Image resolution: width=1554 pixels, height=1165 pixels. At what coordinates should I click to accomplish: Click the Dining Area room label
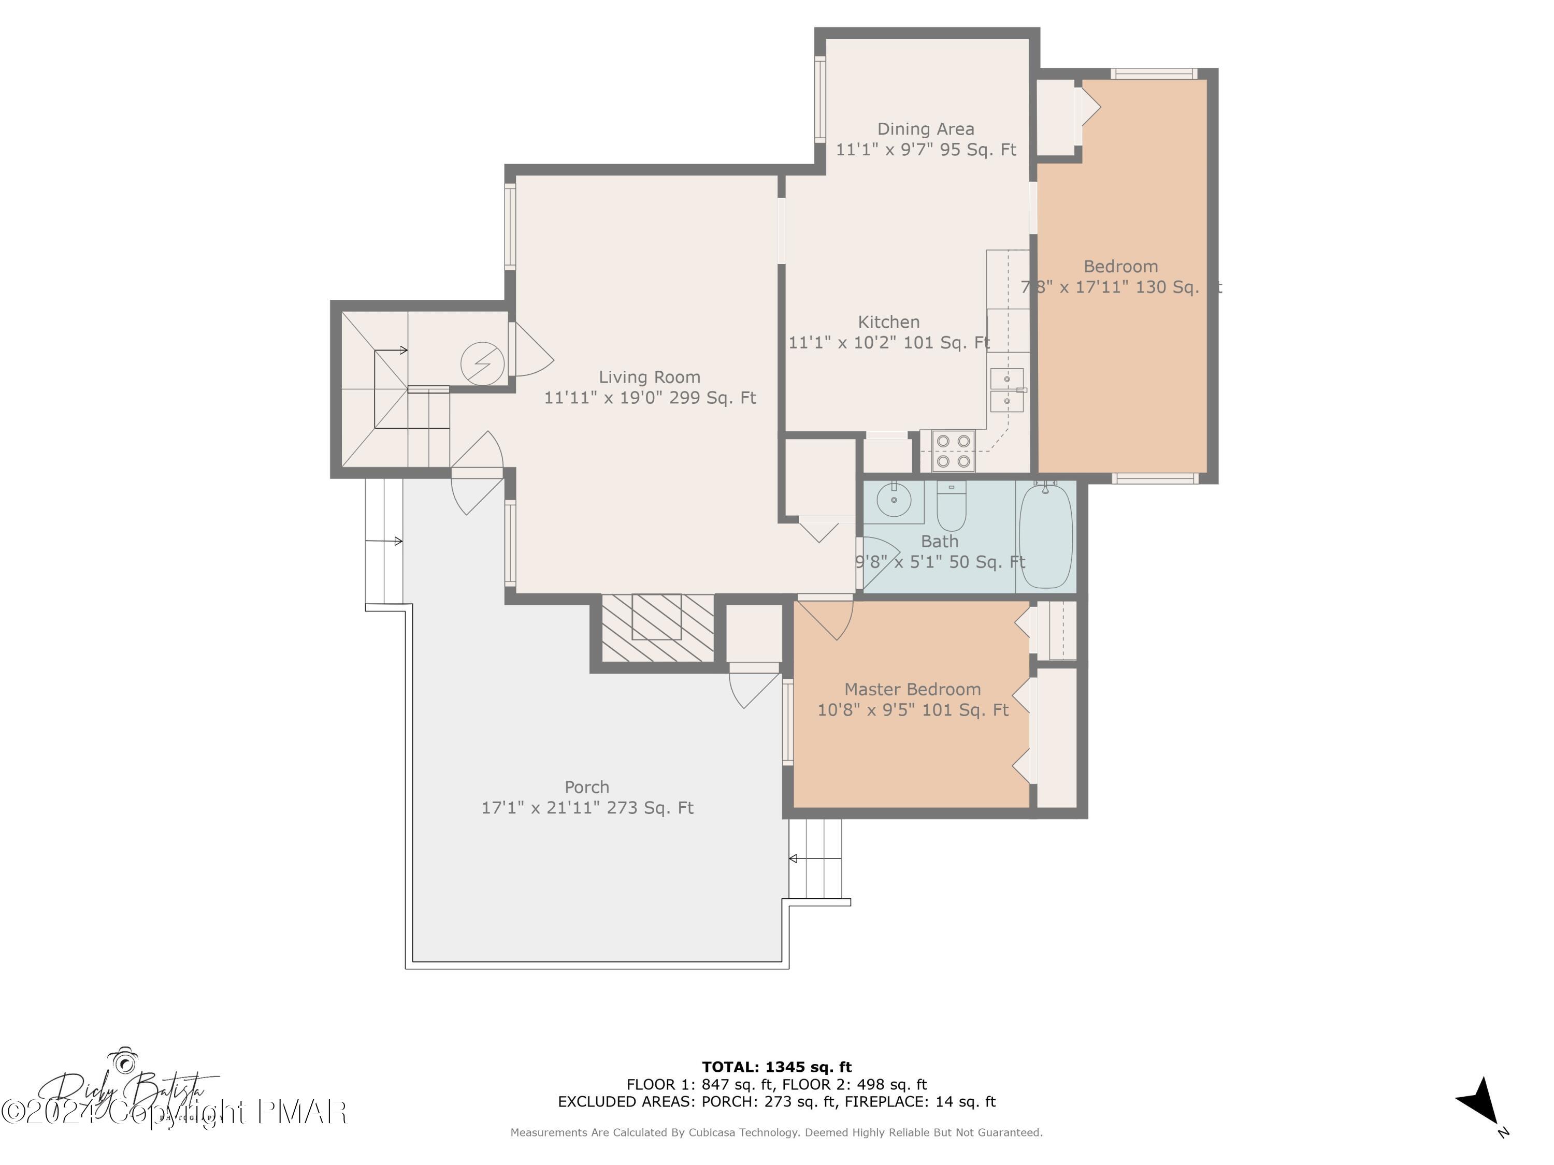925,129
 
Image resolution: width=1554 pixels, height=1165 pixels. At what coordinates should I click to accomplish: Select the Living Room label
649,377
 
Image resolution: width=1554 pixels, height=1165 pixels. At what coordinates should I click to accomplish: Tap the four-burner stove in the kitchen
953,451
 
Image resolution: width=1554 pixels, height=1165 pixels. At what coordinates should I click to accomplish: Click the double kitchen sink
1006,390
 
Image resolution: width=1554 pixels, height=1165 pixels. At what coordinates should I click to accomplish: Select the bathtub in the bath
1045,536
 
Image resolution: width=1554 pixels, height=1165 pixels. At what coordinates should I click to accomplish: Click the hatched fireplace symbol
657,628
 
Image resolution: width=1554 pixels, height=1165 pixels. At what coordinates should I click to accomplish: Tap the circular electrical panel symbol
483,363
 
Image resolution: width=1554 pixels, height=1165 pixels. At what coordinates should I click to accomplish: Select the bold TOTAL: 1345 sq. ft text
776,1067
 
